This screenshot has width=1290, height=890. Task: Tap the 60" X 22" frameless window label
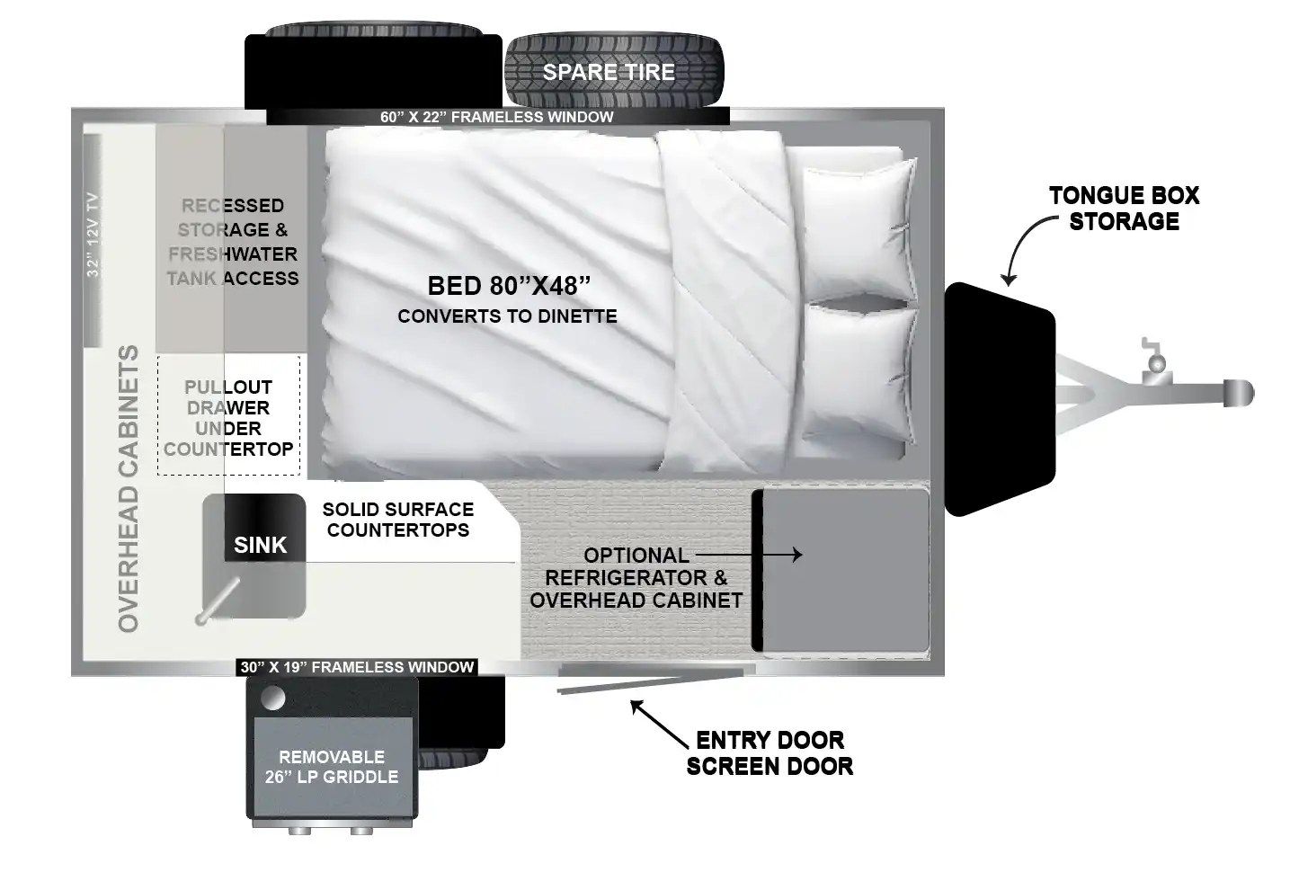tap(496, 117)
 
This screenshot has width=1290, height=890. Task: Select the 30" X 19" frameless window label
tap(357, 667)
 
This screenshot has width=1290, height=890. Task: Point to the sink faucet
tap(217, 601)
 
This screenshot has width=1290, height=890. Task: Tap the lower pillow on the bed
tap(859, 378)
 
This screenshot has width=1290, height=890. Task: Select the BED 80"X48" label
tap(509, 286)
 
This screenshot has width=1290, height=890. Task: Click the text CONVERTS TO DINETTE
tap(507, 316)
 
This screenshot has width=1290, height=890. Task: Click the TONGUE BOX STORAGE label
tap(1124, 209)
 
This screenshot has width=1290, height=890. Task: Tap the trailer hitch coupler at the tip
tap(1239, 393)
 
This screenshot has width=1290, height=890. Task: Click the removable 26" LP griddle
tap(332, 767)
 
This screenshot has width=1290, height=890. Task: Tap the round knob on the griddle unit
tap(272, 698)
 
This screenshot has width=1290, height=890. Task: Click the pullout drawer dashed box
tap(228, 417)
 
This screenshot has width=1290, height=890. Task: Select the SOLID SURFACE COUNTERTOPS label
tap(397, 520)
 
